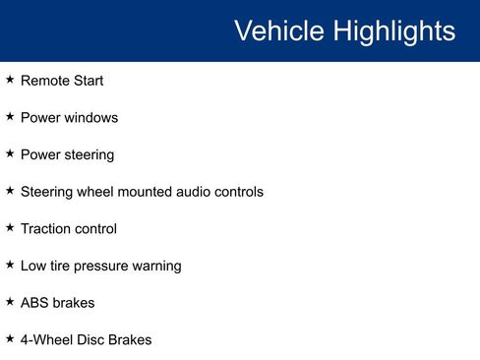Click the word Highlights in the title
393,30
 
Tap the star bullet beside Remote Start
10,80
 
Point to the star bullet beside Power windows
10,117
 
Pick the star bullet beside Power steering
10,153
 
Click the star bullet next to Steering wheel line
10,191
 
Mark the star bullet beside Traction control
10,227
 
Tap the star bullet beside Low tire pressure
10,265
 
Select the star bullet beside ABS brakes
10,301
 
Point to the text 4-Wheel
45,340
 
